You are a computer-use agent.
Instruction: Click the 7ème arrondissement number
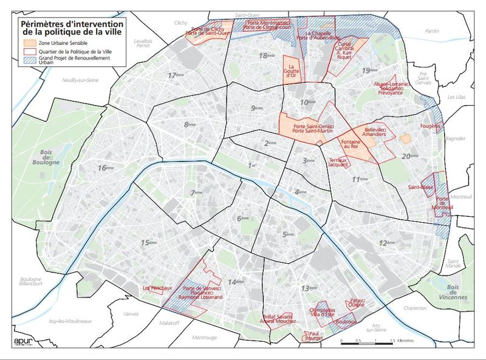(196, 193)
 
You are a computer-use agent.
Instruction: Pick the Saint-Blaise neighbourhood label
(420, 188)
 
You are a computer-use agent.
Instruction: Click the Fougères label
(429, 126)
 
